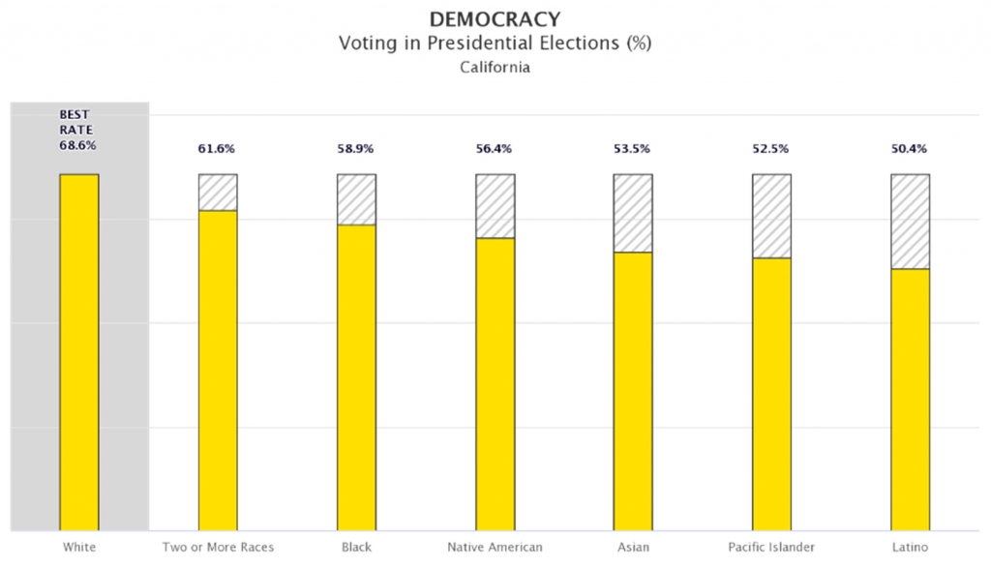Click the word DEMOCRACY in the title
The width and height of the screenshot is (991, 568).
[495, 19]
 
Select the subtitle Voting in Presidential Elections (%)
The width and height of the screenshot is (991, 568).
[495, 44]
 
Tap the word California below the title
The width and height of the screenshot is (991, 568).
[495, 69]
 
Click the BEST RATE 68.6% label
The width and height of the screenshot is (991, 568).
[78, 130]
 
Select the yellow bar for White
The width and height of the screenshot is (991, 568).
[79, 352]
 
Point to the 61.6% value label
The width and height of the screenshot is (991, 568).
[218, 149]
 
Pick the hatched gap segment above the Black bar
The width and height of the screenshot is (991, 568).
[356, 199]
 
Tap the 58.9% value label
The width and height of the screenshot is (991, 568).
[356, 149]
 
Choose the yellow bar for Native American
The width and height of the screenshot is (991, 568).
[495, 383]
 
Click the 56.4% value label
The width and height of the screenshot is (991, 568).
[495, 149]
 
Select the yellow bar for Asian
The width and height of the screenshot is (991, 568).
[633, 391]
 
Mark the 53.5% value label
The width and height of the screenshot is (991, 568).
[633, 149]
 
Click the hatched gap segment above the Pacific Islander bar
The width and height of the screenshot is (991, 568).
[771, 216]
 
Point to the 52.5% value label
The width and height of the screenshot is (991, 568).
[771, 149]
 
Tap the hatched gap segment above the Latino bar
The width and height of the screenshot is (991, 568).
[910, 222]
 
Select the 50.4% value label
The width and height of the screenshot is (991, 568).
[910, 149]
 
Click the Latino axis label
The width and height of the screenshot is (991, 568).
[910, 549]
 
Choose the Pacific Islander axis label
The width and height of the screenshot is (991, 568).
[771, 549]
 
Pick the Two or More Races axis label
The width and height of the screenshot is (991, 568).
[218, 549]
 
